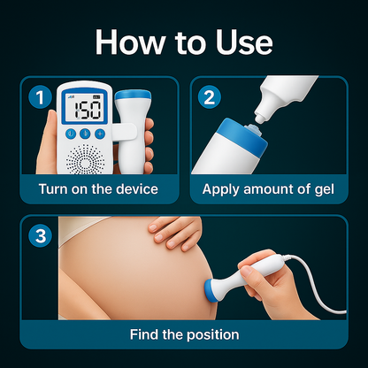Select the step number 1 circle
pyautogui.click(x=37, y=96)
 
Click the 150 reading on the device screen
pyautogui.click(x=87, y=110)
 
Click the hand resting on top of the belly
pyautogui.click(x=177, y=232)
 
